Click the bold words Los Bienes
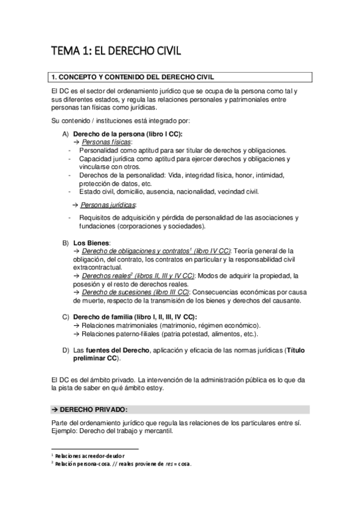click(x=91, y=242)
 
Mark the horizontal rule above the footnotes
click(x=96, y=449)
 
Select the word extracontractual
click(x=97, y=267)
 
